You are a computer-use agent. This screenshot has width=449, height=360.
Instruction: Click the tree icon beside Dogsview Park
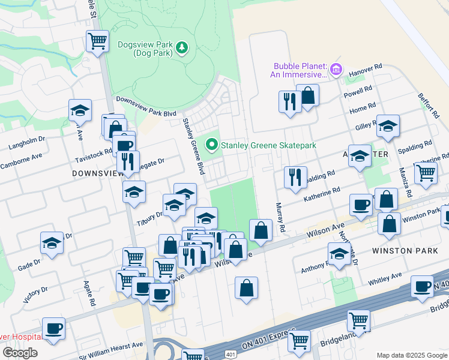pyautogui.click(x=182, y=47)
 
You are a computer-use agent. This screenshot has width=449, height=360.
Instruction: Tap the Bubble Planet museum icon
pyautogui.click(x=336, y=70)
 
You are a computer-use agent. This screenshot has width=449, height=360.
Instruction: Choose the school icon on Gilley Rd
pyautogui.click(x=388, y=127)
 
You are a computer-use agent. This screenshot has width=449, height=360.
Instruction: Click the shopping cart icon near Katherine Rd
pyautogui.click(x=426, y=172)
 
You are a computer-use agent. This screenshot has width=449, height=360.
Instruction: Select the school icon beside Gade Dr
pyautogui.click(x=52, y=244)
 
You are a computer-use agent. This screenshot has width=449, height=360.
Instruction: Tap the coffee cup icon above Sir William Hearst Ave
pyautogui.click(x=53, y=329)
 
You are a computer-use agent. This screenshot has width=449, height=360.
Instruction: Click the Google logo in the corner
pyautogui.click(x=20, y=353)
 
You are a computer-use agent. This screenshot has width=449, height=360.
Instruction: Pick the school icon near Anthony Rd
pyautogui.click(x=340, y=254)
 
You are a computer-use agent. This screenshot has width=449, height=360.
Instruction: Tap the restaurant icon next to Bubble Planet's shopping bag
pyautogui.click(x=290, y=101)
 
